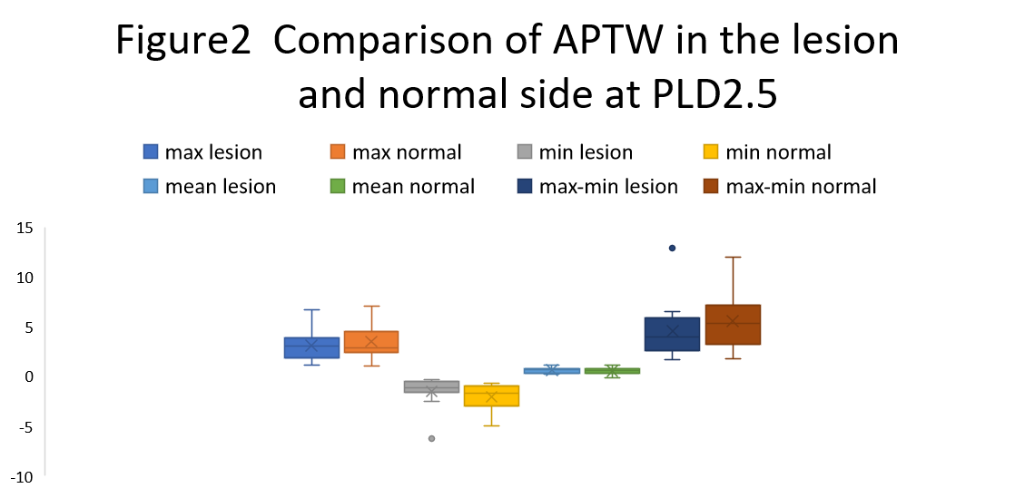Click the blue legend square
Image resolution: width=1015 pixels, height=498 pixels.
click(x=151, y=151)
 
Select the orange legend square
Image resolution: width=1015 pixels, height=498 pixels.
click(x=338, y=151)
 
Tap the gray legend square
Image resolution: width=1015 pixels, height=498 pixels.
click(x=525, y=151)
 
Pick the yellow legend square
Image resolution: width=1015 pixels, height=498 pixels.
click(x=711, y=151)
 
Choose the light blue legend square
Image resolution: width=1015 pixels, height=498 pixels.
click(x=151, y=186)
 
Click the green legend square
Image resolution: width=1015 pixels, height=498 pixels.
click(x=338, y=186)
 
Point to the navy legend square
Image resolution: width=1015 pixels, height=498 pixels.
click(x=525, y=186)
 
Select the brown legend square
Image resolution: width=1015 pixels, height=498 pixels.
click(x=711, y=186)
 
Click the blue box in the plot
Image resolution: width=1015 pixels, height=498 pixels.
click(x=311, y=347)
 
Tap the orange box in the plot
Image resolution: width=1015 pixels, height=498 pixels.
click(x=371, y=342)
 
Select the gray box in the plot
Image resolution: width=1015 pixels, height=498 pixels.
click(x=431, y=386)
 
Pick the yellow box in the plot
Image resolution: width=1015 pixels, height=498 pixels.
click(x=491, y=395)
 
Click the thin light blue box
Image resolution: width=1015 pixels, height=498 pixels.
click(x=552, y=371)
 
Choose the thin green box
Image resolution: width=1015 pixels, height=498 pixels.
click(x=612, y=371)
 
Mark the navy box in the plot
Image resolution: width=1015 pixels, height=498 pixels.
click(x=672, y=334)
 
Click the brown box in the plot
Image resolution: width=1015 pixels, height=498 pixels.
click(x=733, y=325)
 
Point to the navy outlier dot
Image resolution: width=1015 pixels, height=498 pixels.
click(x=672, y=248)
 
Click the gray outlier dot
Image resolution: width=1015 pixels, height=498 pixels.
click(x=431, y=438)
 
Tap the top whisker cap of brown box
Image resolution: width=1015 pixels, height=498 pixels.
click(x=733, y=257)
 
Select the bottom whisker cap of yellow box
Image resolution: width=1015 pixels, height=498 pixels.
click(x=491, y=425)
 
